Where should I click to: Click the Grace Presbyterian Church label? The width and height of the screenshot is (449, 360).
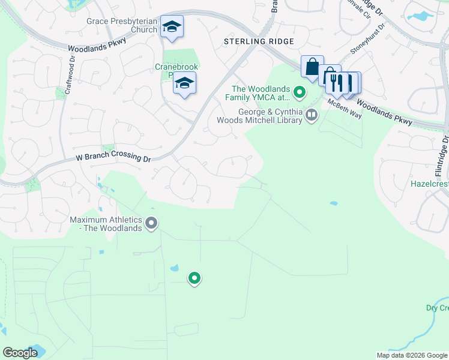pyautogui.click(x=122, y=25)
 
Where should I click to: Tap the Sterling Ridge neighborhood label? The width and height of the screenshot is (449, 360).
pyautogui.click(x=259, y=41)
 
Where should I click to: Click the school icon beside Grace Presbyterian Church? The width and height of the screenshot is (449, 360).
pyautogui.click(x=172, y=26)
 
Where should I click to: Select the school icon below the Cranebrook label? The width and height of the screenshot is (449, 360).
pyautogui.click(x=185, y=83)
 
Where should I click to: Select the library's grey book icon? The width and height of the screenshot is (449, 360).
pyautogui.click(x=311, y=115)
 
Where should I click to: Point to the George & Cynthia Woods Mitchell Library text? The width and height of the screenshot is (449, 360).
pyautogui.click(x=271, y=115)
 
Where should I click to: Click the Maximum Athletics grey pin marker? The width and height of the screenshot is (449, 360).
pyautogui.click(x=152, y=224)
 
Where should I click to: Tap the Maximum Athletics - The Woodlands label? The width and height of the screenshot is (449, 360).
pyautogui.click(x=106, y=224)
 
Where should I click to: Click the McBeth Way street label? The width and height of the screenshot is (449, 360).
pyautogui.click(x=345, y=109)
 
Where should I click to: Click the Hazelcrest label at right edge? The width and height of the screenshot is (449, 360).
pyautogui.click(x=429, y=183)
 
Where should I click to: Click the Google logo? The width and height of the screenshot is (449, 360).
pyautogui.click(x=20, y=353)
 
